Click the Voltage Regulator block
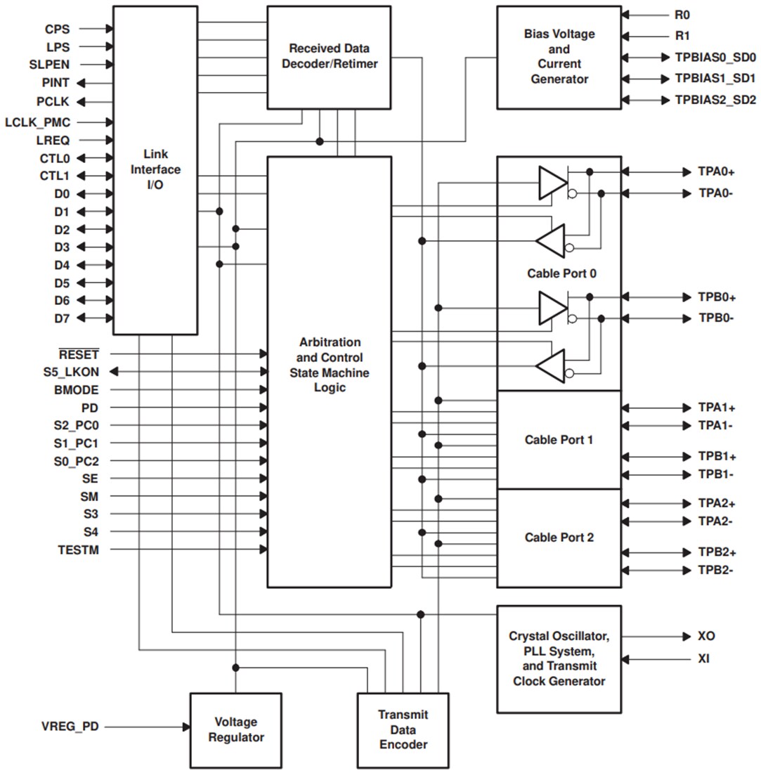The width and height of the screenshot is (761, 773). pos(235,729)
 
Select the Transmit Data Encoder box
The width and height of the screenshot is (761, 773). pos(402,729)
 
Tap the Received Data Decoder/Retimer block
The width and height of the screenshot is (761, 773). pos(329,57)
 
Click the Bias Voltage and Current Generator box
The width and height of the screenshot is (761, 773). pos(559,57)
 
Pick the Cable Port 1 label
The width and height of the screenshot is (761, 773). pos(559,440)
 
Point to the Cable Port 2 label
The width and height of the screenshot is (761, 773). pos(559,538)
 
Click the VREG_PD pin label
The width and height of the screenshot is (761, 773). pos(70,727)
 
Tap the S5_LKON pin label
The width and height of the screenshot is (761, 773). pos(71,371)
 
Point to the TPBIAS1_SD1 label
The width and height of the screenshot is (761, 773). pos(715,79)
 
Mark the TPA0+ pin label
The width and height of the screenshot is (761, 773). pos(717,171)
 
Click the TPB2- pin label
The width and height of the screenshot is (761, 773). pos(716,570)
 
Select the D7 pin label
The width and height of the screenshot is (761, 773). pos(62,318)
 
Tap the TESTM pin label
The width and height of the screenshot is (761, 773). pos(78,550)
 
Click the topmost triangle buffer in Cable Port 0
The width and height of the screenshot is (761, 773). pos(552,183)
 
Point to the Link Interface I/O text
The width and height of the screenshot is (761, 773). pos(162,170)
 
